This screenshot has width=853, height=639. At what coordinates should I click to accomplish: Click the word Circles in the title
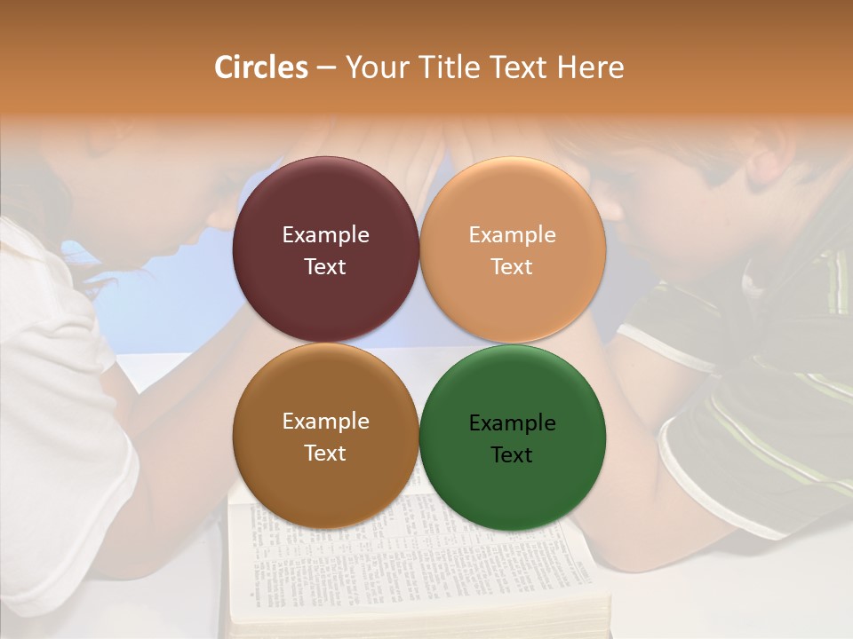260,67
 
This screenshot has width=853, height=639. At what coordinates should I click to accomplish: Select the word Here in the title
590,67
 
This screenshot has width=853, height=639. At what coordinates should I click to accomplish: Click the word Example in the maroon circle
325,235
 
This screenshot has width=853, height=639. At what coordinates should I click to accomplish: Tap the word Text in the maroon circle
325,266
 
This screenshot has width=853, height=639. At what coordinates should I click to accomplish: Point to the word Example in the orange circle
513,235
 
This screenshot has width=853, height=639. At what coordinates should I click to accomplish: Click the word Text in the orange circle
513,266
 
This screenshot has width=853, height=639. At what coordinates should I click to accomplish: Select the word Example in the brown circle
325,422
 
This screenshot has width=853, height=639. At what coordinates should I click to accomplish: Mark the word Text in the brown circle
325,453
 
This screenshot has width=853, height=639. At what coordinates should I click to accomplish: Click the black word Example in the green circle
513,423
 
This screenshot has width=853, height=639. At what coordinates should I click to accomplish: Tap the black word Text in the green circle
513,454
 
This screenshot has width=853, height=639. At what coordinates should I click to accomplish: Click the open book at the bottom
418,568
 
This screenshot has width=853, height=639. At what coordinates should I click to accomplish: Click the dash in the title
326,68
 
